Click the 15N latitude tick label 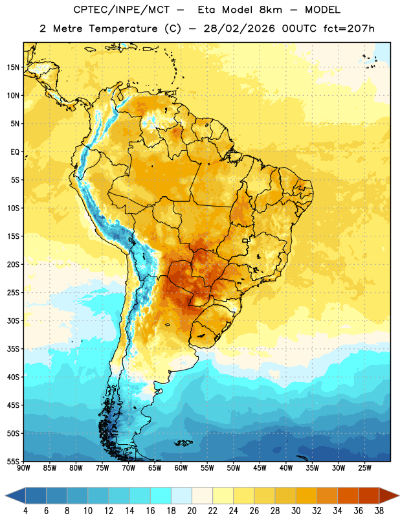[x=13, y=67]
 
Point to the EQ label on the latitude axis [x=15, y=152]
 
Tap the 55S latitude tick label [x=13, y=461]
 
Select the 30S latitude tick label [x=13, y=321]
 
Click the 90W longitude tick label [x=23, y=468]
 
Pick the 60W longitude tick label [x=181, y=468]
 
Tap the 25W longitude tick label [x=364, y=468]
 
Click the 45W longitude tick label [x=260, y=468]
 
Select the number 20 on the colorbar [x=192, y=511]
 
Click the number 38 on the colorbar [x=379, y=511]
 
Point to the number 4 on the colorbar [x=25, y=511]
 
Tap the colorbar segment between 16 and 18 [x=161, y=495]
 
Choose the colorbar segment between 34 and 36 [x=348, y=495]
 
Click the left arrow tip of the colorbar [x=5, y=495]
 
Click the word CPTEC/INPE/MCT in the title [x=122, y=10]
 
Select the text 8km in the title [x=271, y=10]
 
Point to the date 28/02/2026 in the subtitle [x=239, y=28]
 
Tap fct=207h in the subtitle [x=349, y=28]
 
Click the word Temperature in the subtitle [x=123, y=29]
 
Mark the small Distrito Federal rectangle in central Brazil [x=245, y=241]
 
